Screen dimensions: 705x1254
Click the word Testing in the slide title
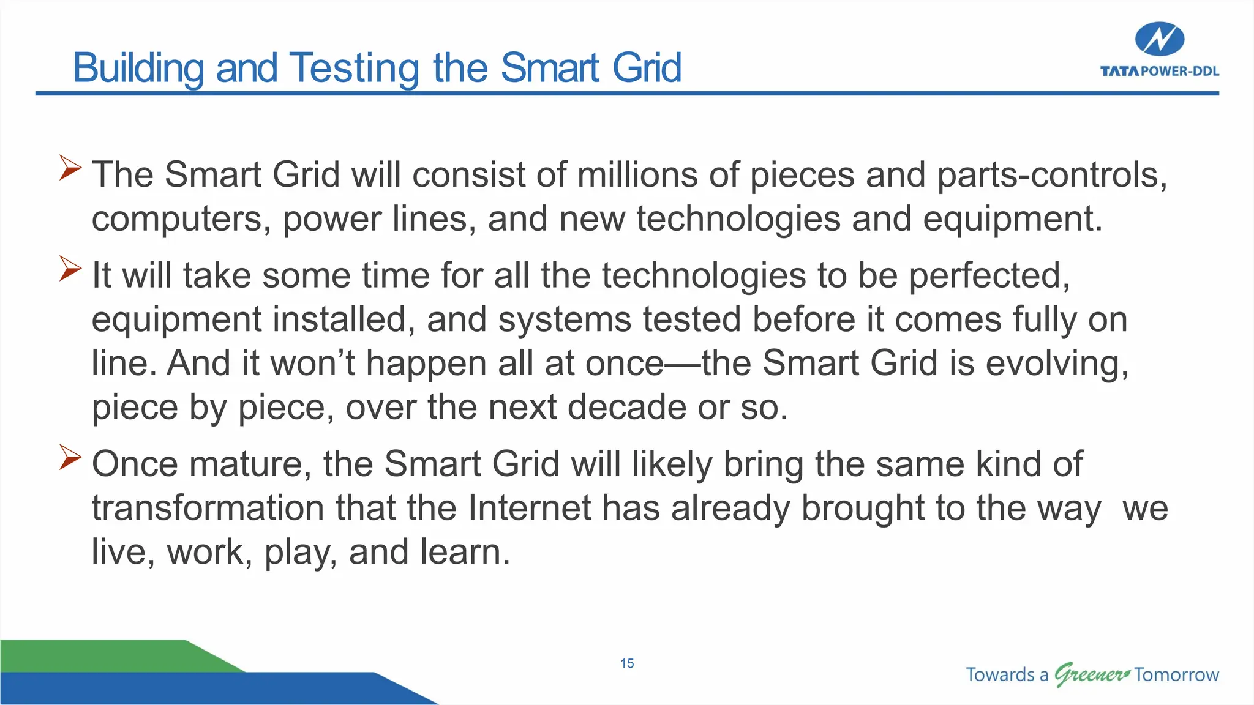coord(355,68)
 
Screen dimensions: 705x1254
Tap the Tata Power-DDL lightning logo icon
coord(1159,40)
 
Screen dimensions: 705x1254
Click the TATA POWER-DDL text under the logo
coord(1159,72)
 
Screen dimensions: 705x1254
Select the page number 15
coord(627,663)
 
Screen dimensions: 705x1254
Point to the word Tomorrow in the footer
coord(1176,674)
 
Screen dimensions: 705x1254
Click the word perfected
coord(989,276)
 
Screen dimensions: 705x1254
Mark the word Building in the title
coord(138,68)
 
